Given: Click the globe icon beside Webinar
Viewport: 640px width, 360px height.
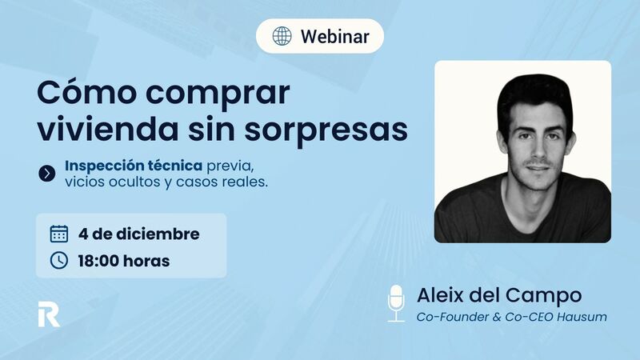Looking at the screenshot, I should tap(282, 36).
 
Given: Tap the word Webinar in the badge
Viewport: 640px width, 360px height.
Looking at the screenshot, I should tap(334, 37).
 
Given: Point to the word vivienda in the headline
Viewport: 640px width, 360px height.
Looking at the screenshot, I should tap(100, 128).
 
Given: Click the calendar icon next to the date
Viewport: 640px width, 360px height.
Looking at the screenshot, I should tap(58, 234).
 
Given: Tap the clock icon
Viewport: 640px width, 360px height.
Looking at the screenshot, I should tap(58, 260).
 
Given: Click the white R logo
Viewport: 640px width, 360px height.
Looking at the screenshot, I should tap(48, 314).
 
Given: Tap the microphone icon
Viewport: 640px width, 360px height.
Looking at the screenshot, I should tap(396, 302).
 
